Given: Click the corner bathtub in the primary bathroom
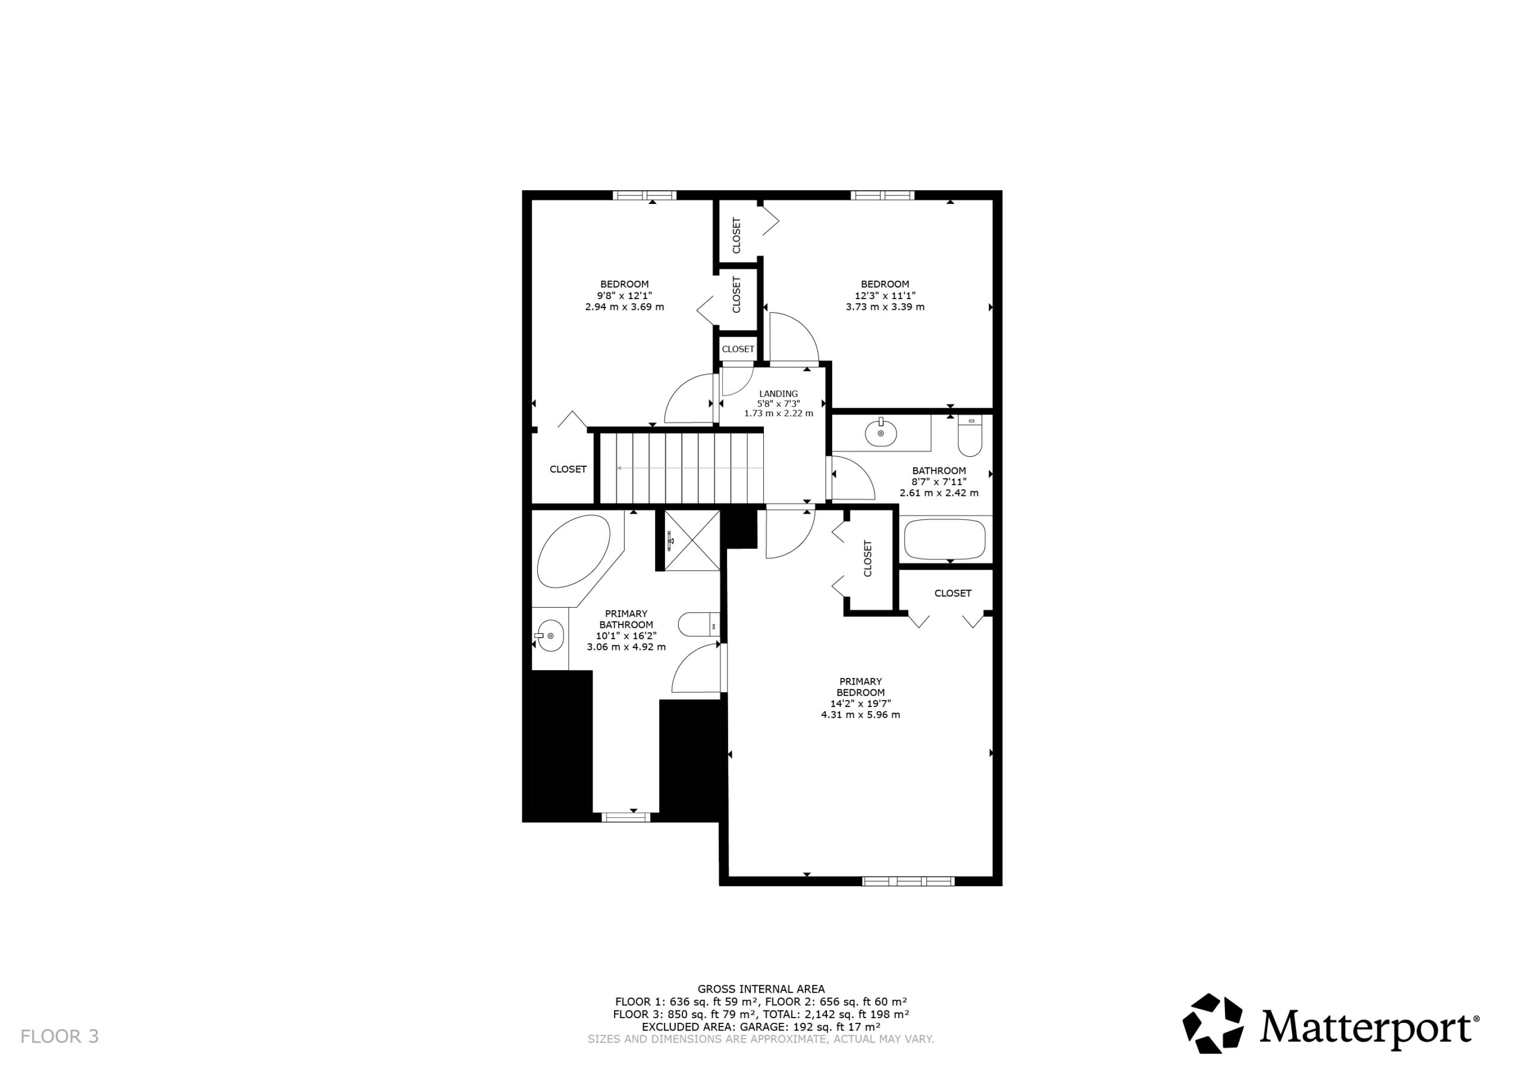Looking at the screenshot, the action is click(x=573, y=551).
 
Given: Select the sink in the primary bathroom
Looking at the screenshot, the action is click(x=549, y=636).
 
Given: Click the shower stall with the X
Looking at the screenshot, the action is click(x=692, y=541).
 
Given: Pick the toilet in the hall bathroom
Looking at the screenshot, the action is click(x=970, y=436).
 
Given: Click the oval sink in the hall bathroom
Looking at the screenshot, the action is click(x=881, y=433).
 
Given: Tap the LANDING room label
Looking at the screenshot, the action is click(x=779, y=394).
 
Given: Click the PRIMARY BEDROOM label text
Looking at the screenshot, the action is click(x=861, y=687).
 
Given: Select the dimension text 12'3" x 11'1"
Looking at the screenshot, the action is click(x=885, y=296).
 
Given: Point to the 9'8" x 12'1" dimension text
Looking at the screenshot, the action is click(x=624, y=296).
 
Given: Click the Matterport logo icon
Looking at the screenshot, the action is click(x=1212, y=1023).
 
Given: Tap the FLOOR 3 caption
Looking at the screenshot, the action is click(x=59, y=1037).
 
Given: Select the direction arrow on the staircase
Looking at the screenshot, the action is click(x=690, y=468).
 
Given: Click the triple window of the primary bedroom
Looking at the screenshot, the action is click(x=908, y=881).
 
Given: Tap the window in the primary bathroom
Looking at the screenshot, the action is click(x=625, y=818).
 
